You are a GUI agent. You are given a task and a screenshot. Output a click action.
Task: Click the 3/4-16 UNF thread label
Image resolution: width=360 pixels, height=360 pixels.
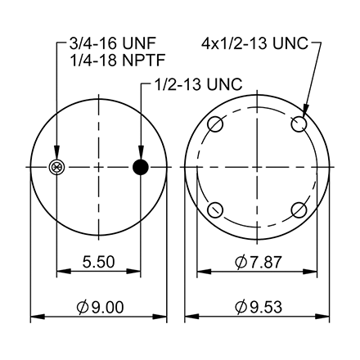point(102,43)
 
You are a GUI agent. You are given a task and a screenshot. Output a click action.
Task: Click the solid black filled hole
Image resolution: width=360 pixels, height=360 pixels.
point(140,168)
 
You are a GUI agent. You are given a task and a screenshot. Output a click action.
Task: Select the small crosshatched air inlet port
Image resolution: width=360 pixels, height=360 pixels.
point(56,168)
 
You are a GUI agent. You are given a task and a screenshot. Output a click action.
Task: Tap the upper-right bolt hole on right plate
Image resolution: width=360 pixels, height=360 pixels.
point(300,125)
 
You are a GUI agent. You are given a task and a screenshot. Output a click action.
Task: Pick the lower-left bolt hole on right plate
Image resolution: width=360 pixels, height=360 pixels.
point(215,209)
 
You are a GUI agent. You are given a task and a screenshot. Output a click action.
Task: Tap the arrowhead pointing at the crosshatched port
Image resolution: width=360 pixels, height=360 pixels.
point(56,157)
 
